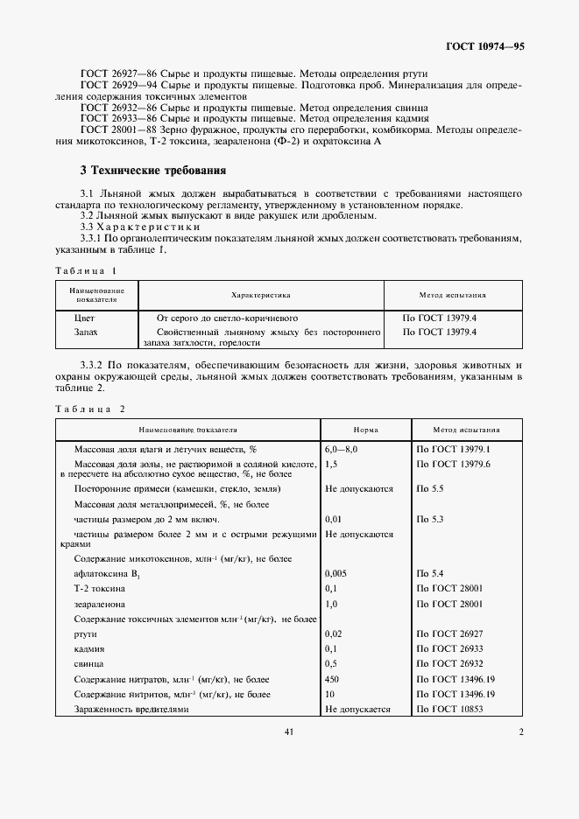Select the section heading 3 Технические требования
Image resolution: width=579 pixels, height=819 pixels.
[x=153, y=171]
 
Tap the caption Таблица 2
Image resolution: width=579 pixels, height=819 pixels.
[x=90, y=409]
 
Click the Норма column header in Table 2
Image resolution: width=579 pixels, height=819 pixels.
[x=365, y=430]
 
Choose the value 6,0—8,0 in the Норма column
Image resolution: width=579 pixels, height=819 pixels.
[x=342, y=448]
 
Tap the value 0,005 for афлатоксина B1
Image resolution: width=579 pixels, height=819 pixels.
[x=336, y=573]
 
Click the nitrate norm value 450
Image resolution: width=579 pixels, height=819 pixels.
[x=332, y=679]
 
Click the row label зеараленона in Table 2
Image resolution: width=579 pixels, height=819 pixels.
[x=100, y=604]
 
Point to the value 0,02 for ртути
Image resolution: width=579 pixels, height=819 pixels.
[x=334, y=633]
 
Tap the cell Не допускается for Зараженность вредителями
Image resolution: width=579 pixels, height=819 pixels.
[x=357, y=710]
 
